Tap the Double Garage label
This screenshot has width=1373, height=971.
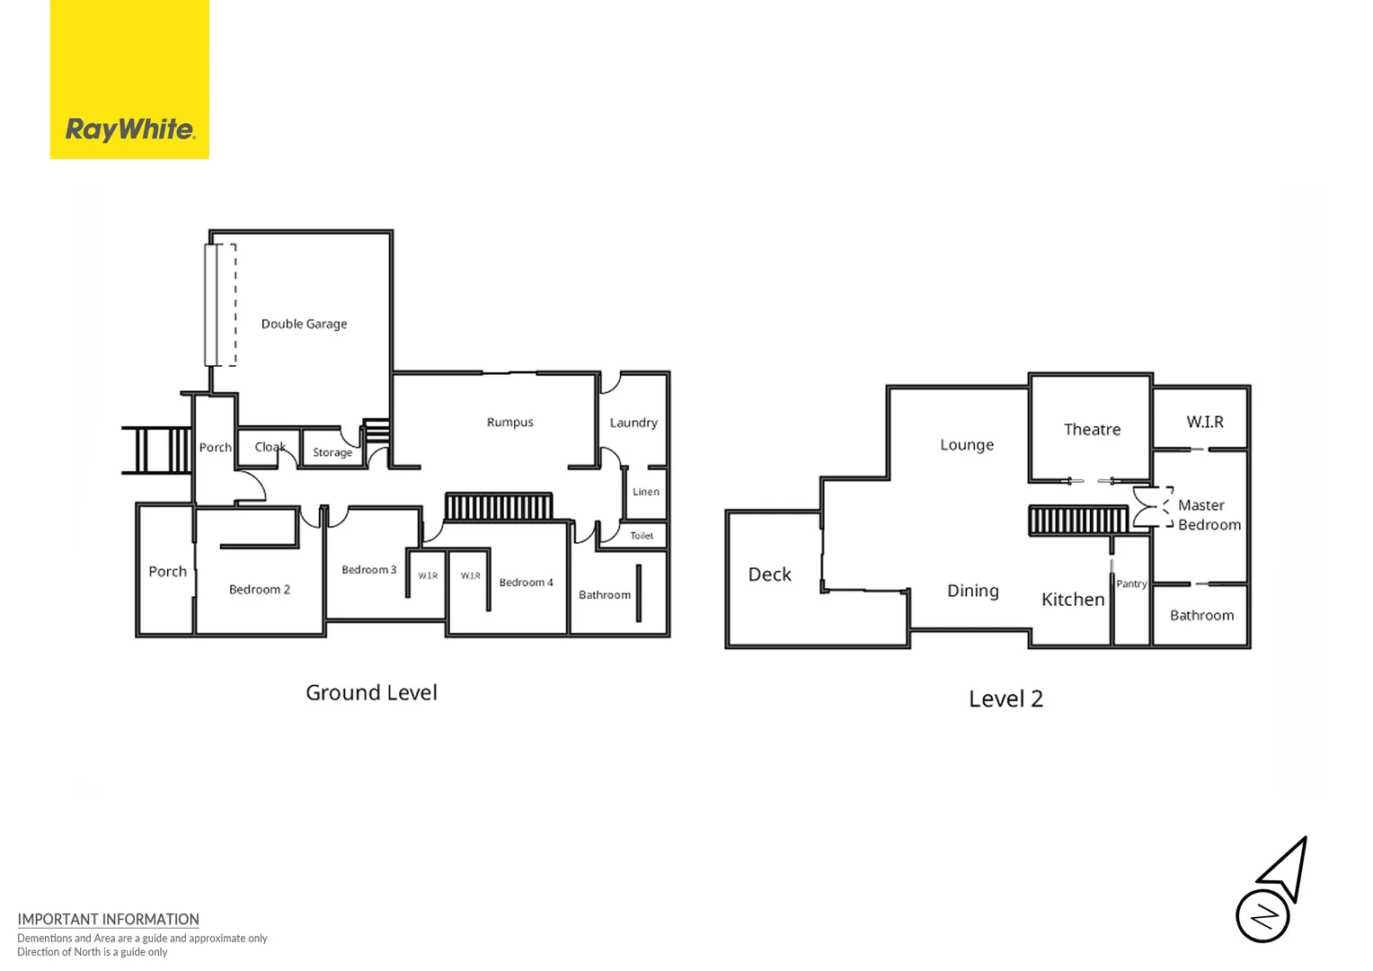click(x=304, y=324)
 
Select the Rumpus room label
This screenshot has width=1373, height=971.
click(x=509, y=422)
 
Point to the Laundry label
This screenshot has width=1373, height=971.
click(x=633, y=423)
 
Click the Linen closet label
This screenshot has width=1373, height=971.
click(x=645, y=492)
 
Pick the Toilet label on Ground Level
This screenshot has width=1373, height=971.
click(x=642, y=536)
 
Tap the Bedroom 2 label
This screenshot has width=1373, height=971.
click(x=259, y=590)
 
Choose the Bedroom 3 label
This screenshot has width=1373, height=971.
click(x=368, y=570)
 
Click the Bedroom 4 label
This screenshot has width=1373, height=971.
click(x=526, y=583)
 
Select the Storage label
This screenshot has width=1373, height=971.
click(x=332, y=452)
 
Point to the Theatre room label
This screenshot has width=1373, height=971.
click(x=1092, y=430)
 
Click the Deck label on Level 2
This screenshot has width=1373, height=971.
click(x=770, y=575)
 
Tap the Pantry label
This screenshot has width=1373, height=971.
click(x=1131, y=583)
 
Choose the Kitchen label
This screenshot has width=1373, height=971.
click(x=1073, y=600)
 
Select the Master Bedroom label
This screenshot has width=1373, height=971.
click(x=1209, y=515)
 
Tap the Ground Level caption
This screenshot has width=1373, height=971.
click(x=371, y=693)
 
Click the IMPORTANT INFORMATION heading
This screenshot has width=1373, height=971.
click(x=108, y=919)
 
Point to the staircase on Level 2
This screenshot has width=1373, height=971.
click(x=1077, y=520)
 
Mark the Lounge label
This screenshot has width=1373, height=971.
click(x=967, y=445)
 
